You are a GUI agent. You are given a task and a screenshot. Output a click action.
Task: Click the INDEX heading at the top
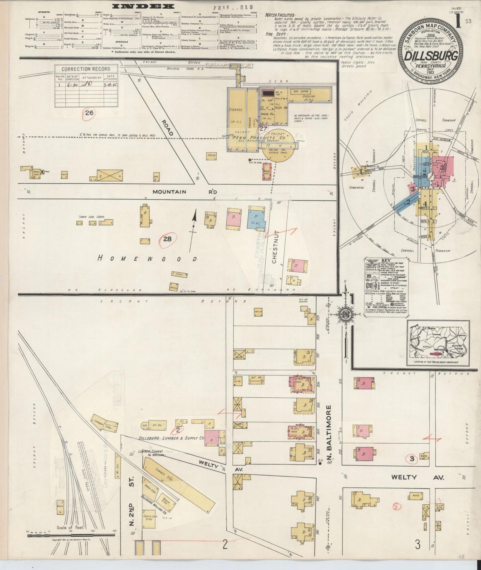click(143, 6)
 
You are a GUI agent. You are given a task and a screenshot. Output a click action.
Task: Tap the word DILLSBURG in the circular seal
click(431, 56)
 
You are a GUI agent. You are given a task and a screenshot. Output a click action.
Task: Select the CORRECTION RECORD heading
click(86, 69)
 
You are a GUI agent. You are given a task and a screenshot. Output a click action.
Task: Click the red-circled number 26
click(89, 113)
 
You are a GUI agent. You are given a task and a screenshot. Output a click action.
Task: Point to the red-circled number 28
click(167, 239)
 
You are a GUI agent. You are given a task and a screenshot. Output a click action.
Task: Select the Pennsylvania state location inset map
click(438, 343)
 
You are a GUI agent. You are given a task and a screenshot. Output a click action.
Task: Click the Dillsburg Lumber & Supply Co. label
click(171, 438)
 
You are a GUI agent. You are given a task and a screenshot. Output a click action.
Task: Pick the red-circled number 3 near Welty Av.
click(412, 460)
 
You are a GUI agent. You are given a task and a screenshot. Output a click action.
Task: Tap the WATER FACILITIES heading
click(280, 15)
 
